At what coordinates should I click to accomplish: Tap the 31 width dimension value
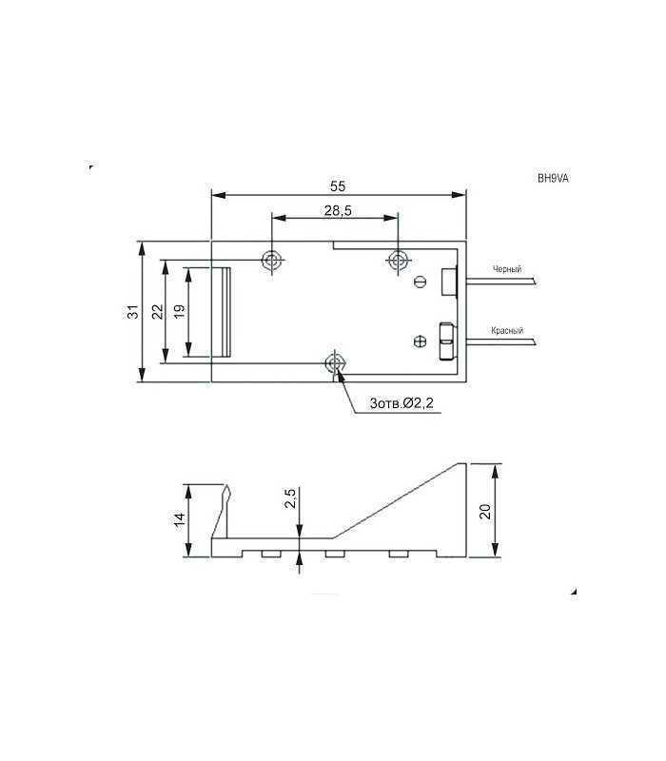pos(132,311)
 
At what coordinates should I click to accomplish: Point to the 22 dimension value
pos(157,311)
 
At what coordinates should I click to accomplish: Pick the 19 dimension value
pos(179,311)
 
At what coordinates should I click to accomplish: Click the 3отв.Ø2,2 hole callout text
pos(401,404)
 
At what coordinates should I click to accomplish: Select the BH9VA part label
pos(553,178)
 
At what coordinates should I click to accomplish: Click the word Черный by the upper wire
pos(506,270)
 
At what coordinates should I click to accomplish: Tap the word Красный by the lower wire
pos(506,331)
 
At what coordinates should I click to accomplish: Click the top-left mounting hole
pos(273,260)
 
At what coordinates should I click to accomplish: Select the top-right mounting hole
pos(397,260)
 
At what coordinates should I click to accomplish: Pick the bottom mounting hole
pos(335,362)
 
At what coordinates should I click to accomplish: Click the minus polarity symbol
pos(421,281)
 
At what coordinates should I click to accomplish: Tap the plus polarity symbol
pos(421,341)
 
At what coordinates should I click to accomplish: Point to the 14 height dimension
pos(179,520)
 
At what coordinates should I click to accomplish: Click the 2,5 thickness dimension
pos(291,498)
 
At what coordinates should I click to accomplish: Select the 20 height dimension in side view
pos(485,511)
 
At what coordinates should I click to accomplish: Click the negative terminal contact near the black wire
pos(450,282)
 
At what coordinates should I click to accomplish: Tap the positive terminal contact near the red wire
pos(445,341)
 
